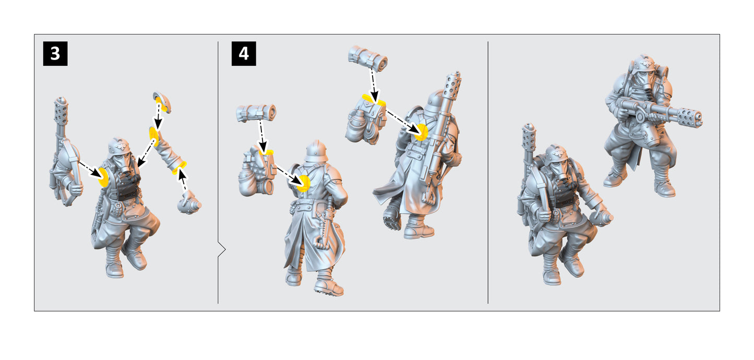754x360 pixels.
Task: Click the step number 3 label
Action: click(55, 53)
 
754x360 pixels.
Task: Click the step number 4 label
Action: click(244, 53)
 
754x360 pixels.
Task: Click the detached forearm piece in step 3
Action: click(167, 151)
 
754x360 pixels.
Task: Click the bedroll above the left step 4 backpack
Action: click(256, 113)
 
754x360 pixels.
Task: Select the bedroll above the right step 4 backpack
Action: click(368, 58)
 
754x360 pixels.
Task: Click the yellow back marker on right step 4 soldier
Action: click(422, 131)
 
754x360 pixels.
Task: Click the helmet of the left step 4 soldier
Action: click(316, 151)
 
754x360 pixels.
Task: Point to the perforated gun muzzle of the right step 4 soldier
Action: click(453, 87)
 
